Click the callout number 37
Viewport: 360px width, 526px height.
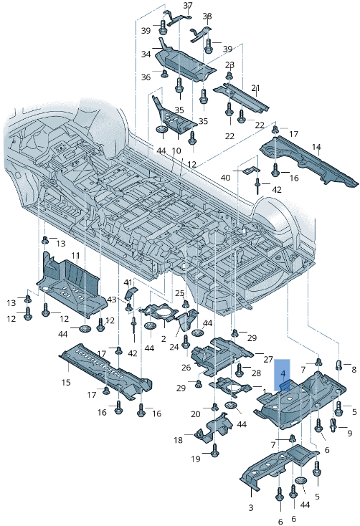[188, 6]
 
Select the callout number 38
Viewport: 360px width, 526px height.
[207, 16]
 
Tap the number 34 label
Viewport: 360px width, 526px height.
[146, 54]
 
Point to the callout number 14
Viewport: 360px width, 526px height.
[316, 147]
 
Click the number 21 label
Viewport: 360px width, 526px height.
[256, 88]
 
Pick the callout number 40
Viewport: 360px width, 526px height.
[225, 177]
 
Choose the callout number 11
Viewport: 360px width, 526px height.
[75, 256]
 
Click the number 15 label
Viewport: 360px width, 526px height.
[66, 382]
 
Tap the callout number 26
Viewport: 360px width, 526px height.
[186, 368]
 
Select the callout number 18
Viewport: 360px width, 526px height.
[179, 439]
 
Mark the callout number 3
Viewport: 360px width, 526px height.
[251, 507]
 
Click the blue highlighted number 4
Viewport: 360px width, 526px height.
[283, 373]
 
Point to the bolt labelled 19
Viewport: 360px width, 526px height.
[215, 450]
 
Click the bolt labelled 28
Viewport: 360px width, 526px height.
[240, 369]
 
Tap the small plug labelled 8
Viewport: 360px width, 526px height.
[338, 364]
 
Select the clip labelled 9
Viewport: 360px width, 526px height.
[333, 425]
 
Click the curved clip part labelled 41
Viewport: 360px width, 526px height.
[131, 293]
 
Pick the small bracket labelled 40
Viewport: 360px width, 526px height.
[252, 170]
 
